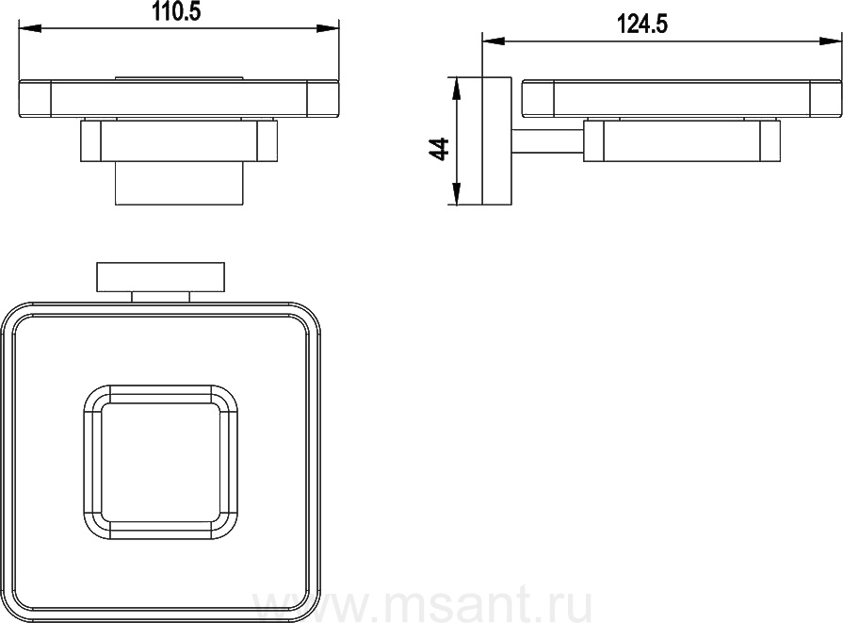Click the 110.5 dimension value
point(177,11)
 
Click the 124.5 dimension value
point(642,25)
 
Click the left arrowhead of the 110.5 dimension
point(30,27)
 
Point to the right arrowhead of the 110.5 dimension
point(328,28)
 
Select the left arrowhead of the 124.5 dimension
point(494,41)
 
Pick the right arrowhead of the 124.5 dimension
point(831,41)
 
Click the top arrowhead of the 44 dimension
point(456,89)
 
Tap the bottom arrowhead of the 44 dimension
point(456,193)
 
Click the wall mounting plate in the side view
point(497,141)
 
